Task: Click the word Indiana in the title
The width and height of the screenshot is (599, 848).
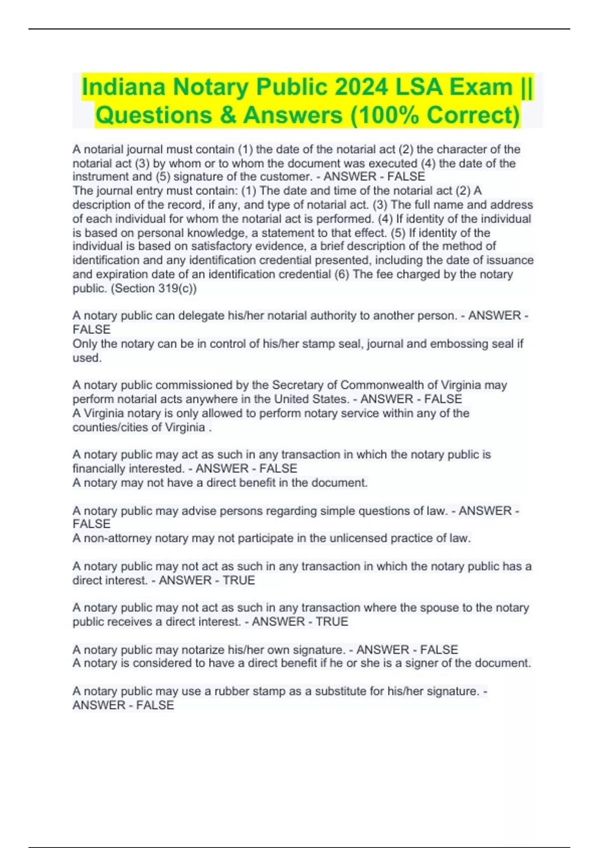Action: (x=124, y=87)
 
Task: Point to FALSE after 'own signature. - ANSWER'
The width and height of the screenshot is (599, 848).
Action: (x=439, y=649)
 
